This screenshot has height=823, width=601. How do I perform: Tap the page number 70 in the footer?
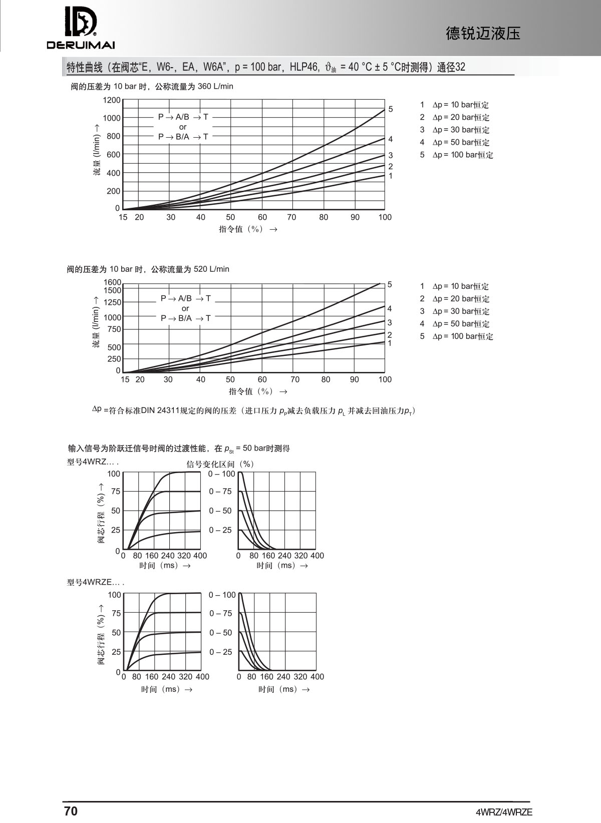[x=71, y=811]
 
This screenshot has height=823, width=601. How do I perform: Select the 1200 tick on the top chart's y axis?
[x=112, y=100]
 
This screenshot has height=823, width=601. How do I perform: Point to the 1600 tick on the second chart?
[x=112, y=282]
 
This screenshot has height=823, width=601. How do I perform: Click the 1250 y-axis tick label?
[x=112, y=302]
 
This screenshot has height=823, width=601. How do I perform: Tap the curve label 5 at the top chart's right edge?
[x=391, y=109]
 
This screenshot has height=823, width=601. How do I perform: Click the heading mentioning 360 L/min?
[x=152, y=87]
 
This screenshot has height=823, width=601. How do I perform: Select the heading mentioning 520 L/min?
[x=148, y=269]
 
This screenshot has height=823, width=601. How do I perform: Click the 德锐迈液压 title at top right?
[x=483, y=34]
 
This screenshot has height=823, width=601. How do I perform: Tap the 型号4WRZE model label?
[x=95, y=583]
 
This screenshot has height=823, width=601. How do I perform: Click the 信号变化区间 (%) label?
[x=220, y=464]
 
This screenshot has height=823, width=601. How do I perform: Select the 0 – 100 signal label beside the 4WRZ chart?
[x=221, y=474]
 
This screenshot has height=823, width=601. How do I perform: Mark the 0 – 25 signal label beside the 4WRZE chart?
[x=221, y=652]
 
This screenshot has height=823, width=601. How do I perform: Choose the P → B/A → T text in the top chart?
[x=183, y=137]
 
